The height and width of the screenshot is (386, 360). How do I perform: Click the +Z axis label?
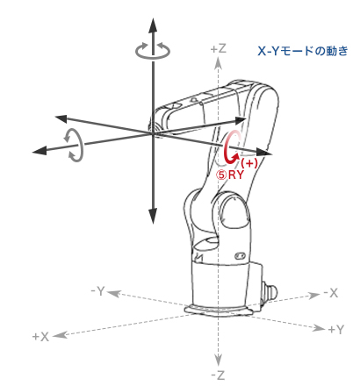point(219,48)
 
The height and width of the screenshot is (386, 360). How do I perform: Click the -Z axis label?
point(218,375)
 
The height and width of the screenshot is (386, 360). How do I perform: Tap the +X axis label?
point(40,337)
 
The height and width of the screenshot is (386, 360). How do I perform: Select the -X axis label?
point(331,293)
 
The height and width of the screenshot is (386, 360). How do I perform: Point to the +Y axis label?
point(335,330)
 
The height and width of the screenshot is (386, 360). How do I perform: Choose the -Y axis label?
point(98,291)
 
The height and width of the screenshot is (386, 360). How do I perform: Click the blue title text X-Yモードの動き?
point(303,51)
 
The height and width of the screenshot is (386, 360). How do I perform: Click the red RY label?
point(236,175)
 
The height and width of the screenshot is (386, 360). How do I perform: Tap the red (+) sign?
point(249,163)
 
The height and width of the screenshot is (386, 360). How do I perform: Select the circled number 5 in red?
point(221,175)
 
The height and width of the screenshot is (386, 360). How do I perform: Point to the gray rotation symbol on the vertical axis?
point(153,51)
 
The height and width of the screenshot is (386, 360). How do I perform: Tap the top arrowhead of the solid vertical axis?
point(153,25)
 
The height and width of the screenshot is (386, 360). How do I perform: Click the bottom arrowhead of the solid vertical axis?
point(153,216)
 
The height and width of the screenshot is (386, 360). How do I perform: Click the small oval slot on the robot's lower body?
point(240,255)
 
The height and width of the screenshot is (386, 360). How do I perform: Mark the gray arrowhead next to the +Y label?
point(319,328)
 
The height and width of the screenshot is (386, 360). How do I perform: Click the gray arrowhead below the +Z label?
point(218,62)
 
